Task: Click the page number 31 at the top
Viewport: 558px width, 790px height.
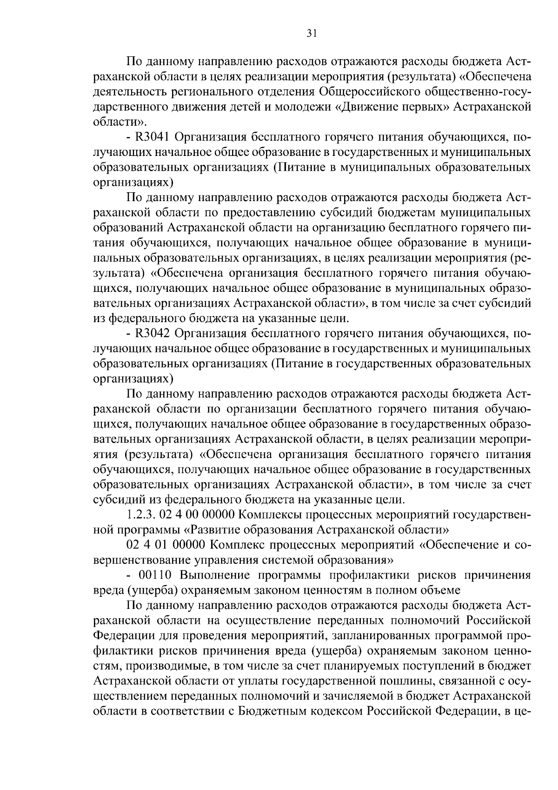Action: (x=279, y=33)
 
